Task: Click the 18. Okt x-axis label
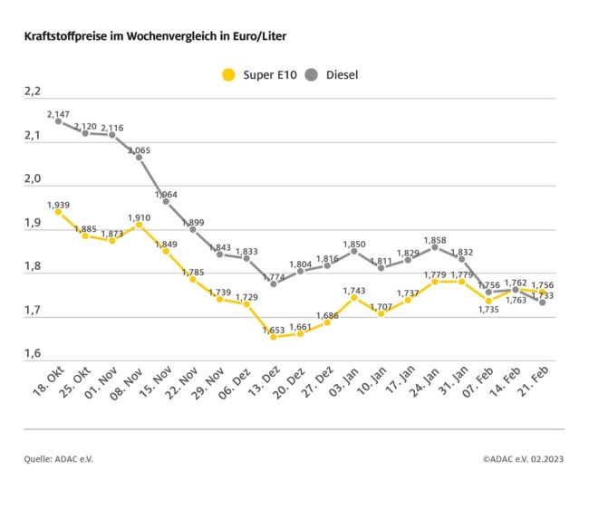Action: [x=45, y=385]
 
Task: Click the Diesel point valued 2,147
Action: [x=58, y=120]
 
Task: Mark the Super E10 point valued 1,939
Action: [x=58, y=211]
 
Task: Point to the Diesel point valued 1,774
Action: [x=274, y=283]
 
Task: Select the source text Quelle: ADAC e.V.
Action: [x=59, y=459]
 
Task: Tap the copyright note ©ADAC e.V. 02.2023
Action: [x=523, y=459]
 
